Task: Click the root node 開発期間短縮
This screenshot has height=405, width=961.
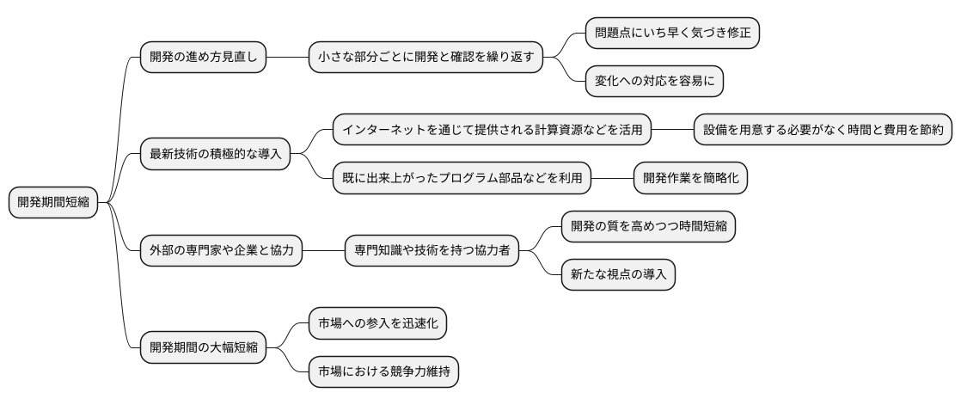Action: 52,203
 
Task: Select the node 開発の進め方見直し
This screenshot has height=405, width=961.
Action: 203,58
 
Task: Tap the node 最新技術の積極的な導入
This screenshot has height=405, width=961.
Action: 215,155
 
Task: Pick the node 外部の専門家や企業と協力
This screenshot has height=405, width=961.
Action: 221,251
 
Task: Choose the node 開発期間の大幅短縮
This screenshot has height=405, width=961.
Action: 203,348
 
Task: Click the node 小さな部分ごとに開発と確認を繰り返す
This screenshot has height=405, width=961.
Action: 427,58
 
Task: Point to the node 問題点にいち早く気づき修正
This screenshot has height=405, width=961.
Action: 672,34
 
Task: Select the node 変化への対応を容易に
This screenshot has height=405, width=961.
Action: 654,82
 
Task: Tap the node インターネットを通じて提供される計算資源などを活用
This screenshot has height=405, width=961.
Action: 492,131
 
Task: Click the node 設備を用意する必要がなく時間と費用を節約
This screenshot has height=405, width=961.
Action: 823,131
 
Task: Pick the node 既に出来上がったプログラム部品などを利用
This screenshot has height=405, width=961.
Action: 462,179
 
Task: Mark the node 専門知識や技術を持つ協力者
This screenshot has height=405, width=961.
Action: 432,251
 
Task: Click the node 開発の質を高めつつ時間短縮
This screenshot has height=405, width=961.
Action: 648,227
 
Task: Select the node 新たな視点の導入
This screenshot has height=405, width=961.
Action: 618,275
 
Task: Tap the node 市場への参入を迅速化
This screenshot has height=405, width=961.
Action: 378,324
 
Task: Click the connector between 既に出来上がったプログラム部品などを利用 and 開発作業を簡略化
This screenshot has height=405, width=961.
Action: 613,179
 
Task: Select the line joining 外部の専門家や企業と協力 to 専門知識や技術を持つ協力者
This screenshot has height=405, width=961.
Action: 323,251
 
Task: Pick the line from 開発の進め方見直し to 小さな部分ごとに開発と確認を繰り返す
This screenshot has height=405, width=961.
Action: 288,58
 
